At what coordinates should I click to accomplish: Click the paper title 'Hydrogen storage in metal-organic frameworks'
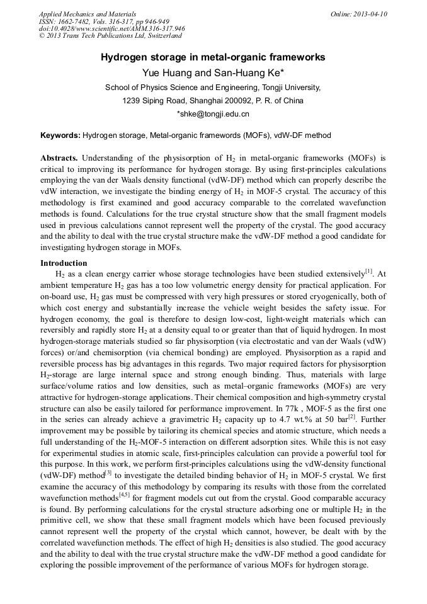[x=213, y=57]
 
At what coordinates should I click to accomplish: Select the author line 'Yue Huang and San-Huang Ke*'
[x=213, y=73]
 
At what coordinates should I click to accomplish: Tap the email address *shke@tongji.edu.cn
[x=213, y=114]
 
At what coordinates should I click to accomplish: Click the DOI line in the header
[x=111, y=29]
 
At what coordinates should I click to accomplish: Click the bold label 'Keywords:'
[x=60, y=135]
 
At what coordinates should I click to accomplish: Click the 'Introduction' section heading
[x=64, y=263]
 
